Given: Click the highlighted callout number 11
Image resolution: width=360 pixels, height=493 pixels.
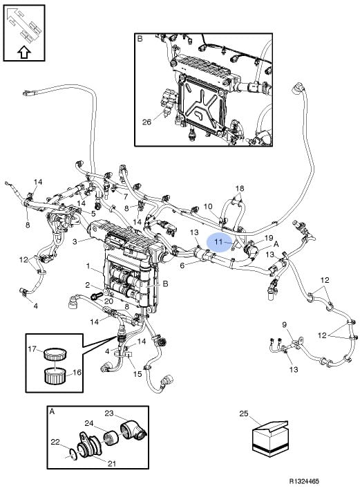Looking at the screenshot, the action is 218,242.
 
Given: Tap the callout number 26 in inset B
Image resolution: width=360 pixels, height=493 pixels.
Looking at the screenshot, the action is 146,122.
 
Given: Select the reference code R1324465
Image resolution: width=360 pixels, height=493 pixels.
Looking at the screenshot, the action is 304,481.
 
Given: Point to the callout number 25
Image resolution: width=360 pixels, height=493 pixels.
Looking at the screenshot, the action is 244,413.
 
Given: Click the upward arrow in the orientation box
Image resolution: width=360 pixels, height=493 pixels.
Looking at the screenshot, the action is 24,52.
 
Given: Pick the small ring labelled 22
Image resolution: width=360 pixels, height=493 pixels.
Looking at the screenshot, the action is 73,454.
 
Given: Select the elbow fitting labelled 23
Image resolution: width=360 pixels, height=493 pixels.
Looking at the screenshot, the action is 133,430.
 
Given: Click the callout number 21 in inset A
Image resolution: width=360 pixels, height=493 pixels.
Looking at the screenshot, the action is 112,463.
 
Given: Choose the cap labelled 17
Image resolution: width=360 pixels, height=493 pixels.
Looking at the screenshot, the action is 55,354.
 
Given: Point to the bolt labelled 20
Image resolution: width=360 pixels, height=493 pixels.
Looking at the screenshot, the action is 96,296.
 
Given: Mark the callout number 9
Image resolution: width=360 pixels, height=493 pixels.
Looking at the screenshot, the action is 284,324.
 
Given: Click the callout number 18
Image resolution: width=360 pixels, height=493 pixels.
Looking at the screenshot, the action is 240,188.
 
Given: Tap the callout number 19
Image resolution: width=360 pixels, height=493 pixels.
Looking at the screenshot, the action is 269,238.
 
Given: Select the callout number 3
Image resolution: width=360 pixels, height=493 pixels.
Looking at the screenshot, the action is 75,242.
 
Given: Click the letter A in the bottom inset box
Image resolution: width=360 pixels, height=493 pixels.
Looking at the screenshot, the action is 52,411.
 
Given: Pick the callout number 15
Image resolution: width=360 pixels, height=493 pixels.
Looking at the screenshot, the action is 138,373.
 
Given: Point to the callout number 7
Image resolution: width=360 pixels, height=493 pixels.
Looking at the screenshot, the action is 126,197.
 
